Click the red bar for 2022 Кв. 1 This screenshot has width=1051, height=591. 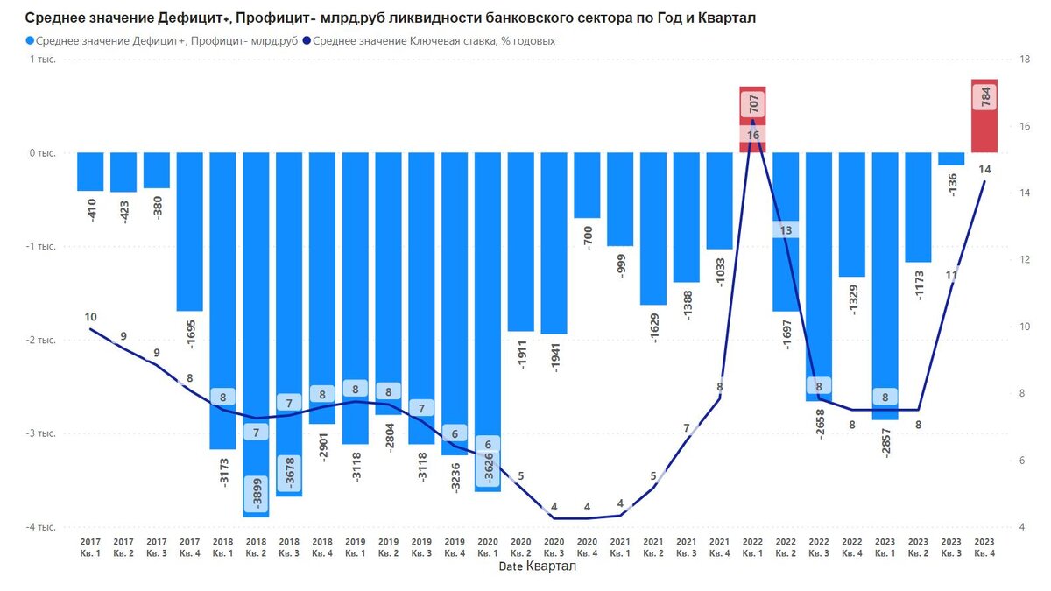click(x=752, y=120)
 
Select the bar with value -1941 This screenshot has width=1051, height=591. click(x=554, y=243)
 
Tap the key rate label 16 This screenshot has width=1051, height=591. click(x=753, y=135)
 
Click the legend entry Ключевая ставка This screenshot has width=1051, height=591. click(x=433, y=40)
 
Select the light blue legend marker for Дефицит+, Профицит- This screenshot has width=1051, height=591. click(x=32, y=40)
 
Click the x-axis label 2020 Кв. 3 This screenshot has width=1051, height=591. click(x=554, y=547)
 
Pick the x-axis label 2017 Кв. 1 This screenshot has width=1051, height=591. click(x=90, y=547)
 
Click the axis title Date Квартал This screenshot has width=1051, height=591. click(x=537, y=566)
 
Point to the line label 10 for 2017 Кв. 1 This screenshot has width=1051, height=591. click(x=90, y=317)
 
